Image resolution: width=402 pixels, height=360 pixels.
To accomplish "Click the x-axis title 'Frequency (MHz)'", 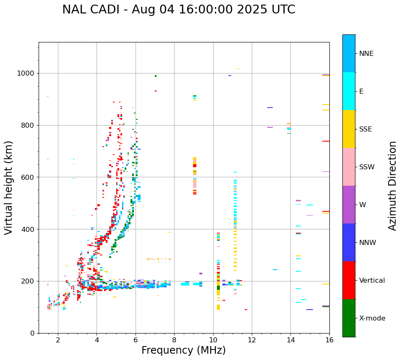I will [x=183, y=350].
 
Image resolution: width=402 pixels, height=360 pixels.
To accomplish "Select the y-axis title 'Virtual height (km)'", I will [x=9, y=187].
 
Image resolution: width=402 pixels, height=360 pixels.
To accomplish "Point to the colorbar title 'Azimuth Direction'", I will [x=392, y=185].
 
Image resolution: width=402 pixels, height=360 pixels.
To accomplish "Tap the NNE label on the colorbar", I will [x=366, y=54].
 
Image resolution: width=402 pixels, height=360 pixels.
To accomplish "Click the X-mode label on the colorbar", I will [x=372, y=318].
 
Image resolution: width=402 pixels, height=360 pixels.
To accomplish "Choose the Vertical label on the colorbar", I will [x=372, y=281].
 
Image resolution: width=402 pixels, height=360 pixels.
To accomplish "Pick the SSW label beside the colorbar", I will [x=367, y=167].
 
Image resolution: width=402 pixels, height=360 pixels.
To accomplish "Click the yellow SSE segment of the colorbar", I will [x=349, y=129].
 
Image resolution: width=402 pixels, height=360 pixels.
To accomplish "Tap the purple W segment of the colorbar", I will [x=349, y=205].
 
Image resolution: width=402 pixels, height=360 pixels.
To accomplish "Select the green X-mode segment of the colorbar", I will [x=349, y=318].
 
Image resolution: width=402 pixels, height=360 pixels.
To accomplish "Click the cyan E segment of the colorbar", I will [x=349, y=91].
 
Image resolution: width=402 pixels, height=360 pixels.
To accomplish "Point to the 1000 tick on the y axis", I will [x=26, y=73].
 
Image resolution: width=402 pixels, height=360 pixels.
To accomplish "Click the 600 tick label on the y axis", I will [x=28, y=177].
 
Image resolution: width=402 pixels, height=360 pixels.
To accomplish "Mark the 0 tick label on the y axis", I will [x=32, y=333].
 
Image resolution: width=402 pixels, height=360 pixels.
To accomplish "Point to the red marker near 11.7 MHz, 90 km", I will [x=246, y=310].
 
